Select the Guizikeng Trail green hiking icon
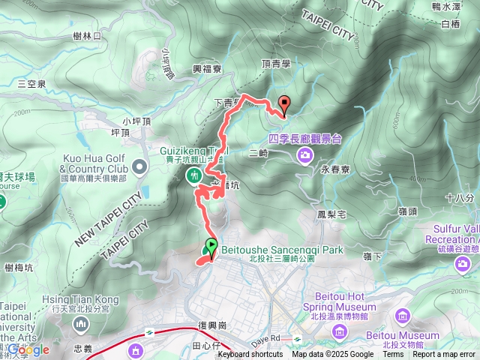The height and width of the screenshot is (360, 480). pyautogui.click(x=194, y=175)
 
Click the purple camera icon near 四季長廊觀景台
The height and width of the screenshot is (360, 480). pyautogui.click(x=305, y=155)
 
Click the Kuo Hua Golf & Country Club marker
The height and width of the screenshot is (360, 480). pyautogui.click(x=140, y=165)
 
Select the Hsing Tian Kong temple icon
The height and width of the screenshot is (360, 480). pyautogui.click(x=80, y=324)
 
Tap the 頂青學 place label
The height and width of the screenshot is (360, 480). pyautogui.click(x=276, y=64)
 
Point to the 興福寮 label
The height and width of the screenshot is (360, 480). pyautogui.click(x=207, y=68)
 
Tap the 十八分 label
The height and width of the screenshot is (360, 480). pyautogui.click(x=458, y=198)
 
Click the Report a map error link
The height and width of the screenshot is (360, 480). pyautogui.click(x=448, y=355)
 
